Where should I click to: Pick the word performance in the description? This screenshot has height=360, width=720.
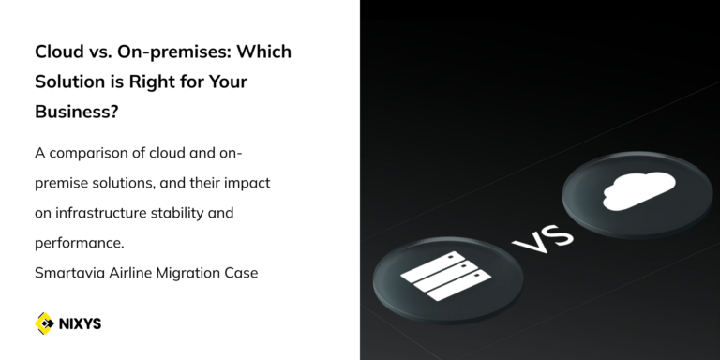pyautogui.click(x=77, y=243)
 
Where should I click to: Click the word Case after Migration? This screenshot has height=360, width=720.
pyautogui.click(x=243, y=273)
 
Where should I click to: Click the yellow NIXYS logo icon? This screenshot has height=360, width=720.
pyautogui.click(x=44, y=323)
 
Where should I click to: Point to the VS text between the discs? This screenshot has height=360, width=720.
pyautogui.click(x=542, y=233)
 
